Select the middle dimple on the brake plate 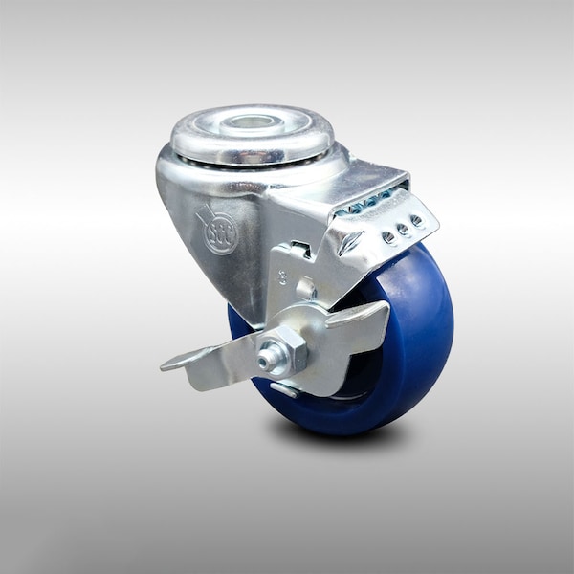tap(401, 230)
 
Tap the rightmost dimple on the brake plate tap(417, 221)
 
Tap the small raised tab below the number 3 tap(305, 287)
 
